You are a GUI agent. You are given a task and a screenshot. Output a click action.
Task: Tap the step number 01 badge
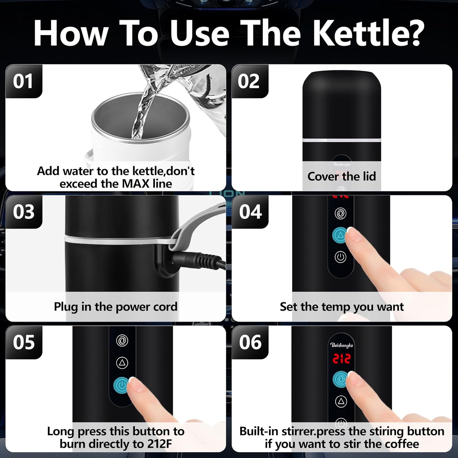click(23, 81)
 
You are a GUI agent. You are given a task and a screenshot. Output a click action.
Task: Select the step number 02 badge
click(249, 81)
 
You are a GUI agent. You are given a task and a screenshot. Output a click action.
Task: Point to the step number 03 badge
click(24, 212)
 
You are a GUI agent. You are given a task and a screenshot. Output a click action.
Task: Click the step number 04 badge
click(250, 212)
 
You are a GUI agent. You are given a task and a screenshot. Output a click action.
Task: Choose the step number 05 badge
click(24, 342)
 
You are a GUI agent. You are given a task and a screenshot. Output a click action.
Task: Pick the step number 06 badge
click(250, 342)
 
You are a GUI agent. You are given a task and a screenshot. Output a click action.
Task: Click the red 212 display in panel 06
click(341, 359)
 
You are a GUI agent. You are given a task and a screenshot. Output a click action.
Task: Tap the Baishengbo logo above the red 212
click(341, 345)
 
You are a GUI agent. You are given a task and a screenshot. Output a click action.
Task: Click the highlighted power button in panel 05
click(122, 385)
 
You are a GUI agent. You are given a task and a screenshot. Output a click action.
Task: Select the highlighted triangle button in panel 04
click(340, 235)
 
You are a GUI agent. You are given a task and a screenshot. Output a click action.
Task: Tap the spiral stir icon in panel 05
click(122, 340)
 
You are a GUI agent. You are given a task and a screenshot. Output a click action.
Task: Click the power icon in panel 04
click(340, 257)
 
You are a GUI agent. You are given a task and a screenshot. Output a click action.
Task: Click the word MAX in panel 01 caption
click(136, 184)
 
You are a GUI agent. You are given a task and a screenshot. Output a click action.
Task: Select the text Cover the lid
click(341, 176)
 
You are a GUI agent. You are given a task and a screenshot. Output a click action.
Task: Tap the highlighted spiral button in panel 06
click(340, 380)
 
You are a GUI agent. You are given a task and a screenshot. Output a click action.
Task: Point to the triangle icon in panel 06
click(341, 401)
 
